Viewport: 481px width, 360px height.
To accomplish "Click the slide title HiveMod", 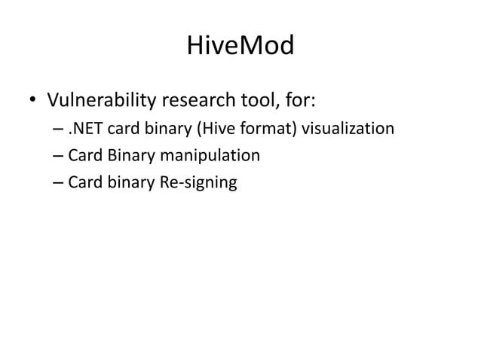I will coord(240,48).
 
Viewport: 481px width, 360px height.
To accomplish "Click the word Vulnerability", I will coord(101,99).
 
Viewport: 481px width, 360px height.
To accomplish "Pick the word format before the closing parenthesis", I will coord(261,130).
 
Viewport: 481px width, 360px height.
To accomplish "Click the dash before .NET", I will coord(59,130).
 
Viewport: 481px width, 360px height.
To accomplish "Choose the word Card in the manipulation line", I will coord(84,156).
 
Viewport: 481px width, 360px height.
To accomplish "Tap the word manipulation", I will coord(208,156).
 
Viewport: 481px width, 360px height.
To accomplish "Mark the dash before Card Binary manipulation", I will coord(59,157).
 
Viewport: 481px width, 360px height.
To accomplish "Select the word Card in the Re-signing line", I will coord(84,182).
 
